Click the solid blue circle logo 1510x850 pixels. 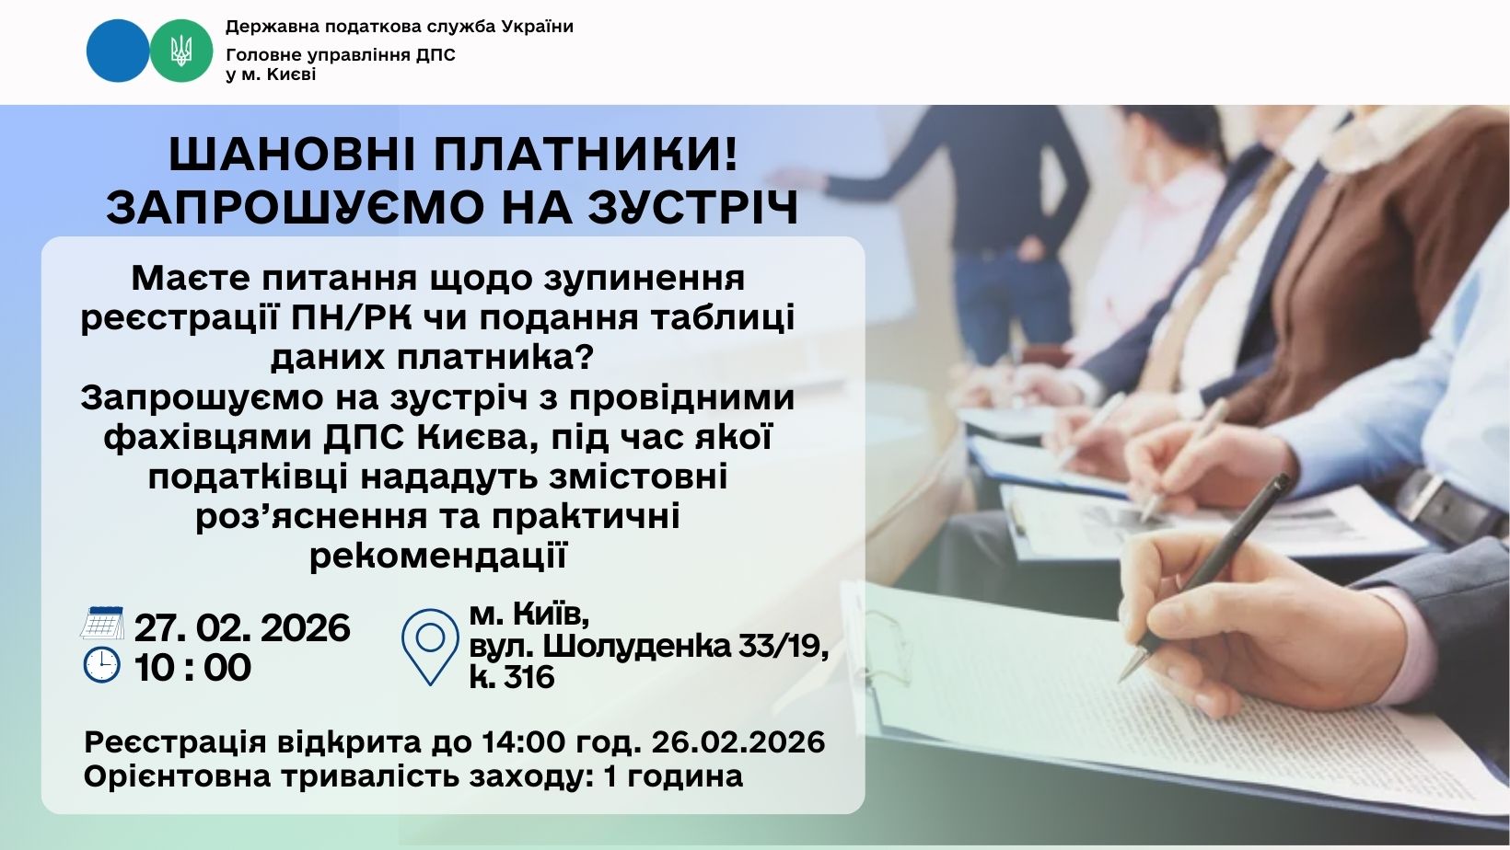point(117,51)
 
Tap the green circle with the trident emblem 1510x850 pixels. point(180,51)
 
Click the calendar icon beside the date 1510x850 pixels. point(102,623)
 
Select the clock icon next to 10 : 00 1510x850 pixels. point(102,665)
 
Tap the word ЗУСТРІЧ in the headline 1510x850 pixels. point(693,208)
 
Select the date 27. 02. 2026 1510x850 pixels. point(242,627)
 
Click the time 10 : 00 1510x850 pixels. point(192,668)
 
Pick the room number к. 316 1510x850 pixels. point(512,677)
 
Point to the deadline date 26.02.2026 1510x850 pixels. point(738,742)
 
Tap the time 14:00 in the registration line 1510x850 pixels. point(523,742)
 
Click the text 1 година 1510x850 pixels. point(674,776)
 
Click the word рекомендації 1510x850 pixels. point(438,557)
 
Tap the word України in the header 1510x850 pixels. point(538,27)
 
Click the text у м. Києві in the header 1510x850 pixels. point(271,75)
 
